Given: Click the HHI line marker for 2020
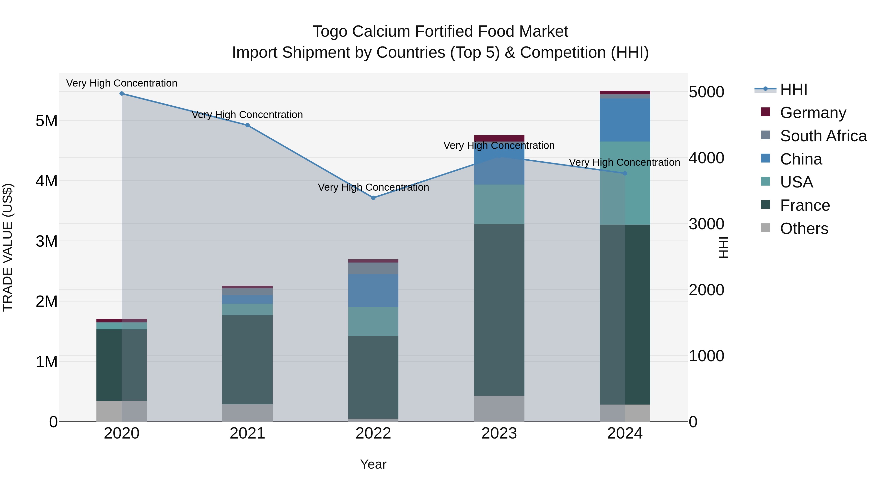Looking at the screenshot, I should pos(122,94).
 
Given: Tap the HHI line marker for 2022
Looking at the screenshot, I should pos(373,198).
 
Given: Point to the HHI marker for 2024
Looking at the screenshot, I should pos(625,174).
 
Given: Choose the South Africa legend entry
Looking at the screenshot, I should pos(823,136).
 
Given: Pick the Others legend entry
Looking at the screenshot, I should pos(804,229).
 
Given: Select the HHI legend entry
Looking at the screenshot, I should pos(793,89).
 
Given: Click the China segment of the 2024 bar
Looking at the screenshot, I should pos(625,120).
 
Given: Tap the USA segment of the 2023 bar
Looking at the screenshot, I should pos(499,204).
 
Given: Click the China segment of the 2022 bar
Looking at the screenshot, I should pos(373,290).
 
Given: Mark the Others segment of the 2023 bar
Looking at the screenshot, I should pos(499,408).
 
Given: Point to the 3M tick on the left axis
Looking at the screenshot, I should pos(46,242).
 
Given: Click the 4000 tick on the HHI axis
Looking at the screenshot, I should pos(706,158).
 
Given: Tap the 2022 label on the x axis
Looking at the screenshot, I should pos(373,433).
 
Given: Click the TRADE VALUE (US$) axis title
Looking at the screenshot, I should pos(8,247).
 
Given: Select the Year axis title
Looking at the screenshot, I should pos(373,464).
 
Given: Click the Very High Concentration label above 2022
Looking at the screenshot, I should pos(373,187).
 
